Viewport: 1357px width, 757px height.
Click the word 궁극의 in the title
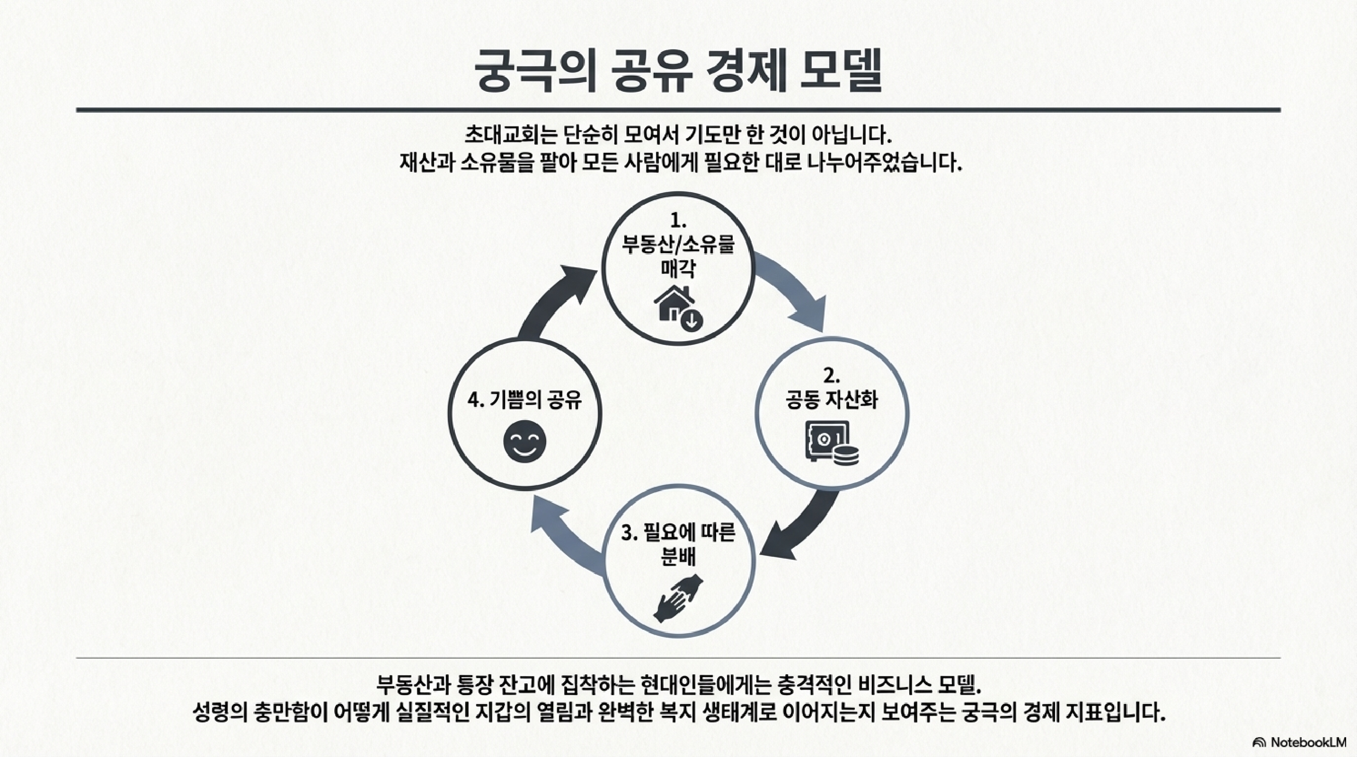click(x=535, y=72)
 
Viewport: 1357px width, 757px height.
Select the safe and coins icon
click(x=831, y=443)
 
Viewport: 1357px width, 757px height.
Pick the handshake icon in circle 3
click(x=678, y=598)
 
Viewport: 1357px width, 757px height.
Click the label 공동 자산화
click(x=831, y=400)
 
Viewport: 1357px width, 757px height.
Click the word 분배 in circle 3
click(x=678, y=557)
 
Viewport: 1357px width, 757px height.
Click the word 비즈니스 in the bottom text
click(x=895, y=686)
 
